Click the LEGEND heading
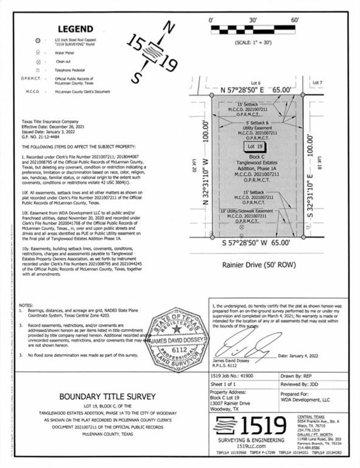[76, 29]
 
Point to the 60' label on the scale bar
[294, 21]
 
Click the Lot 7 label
[317, 82]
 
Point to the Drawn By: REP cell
[310, 376]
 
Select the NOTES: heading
[26, 305]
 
